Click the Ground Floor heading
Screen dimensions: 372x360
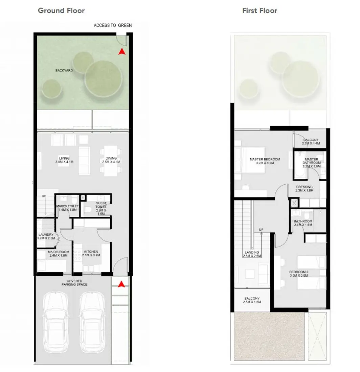pyautogui.click(x=61, y=10)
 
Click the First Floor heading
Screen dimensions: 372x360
pyautogui.click(x=260, y=10)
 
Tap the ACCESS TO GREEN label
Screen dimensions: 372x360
pyautogui.click(x=113, y=25)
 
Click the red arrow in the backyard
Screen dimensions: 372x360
pyautogui.click(x=122, y=51)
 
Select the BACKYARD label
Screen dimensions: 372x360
pyautogui.click(x=64, y=71)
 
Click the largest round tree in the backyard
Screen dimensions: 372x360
pyautogui.click(x=103, y=78)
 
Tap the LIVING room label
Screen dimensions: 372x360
pyautogui.click(x=64, y=160)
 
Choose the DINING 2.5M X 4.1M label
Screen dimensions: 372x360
pyautogui.click(x=111, y=160)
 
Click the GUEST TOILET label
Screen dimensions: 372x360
pyautogui.click(x=101, y=207)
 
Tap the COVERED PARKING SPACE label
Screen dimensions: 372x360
pyautogui.click(x=74, y=283)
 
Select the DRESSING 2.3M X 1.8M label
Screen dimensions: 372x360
pyautogui.click(x=304, y=188)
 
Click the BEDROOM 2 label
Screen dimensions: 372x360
pyautogui.click(x=299, y=274)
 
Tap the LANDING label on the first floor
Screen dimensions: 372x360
pyautogui.click(x=252, y=254)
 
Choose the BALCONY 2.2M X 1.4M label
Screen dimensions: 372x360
pyautogui.click(x=311, y=142)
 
